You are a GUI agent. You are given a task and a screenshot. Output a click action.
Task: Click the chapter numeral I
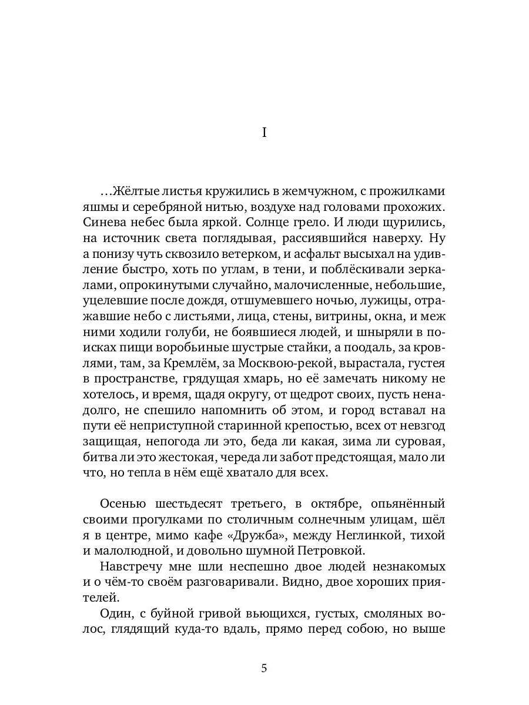coord(264,133)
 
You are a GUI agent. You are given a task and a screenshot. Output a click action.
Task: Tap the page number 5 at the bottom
coord(264,668)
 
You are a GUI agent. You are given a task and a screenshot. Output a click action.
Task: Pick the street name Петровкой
coord(333,550)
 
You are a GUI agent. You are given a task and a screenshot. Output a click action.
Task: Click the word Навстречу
coord(135,566)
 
